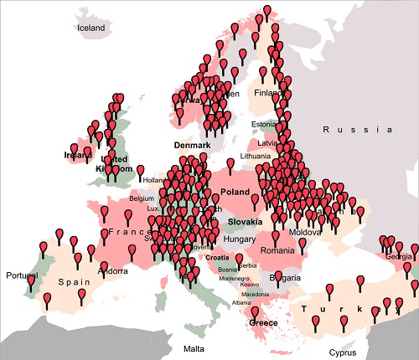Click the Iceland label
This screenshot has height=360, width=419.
point(91,28)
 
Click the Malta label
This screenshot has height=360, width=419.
point(194,347)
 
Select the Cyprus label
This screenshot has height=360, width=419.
point(342,352)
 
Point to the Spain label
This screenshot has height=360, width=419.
point(74,282)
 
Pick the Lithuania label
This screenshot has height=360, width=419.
point(256,157)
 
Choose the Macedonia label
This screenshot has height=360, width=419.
point(256,294)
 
